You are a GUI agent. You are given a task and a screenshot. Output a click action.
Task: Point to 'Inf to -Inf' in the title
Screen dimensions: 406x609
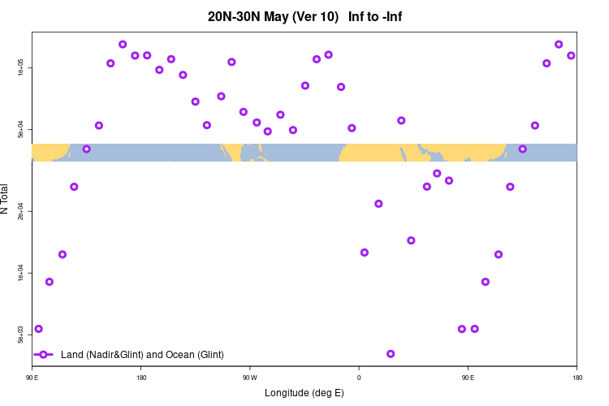coord(374,16)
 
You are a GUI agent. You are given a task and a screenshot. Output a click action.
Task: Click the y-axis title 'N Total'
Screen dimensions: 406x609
coord(6,199)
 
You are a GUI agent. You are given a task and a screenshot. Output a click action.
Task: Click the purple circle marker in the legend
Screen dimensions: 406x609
coord(45,355)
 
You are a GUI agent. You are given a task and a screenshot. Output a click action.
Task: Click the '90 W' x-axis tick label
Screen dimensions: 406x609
coord(249,378)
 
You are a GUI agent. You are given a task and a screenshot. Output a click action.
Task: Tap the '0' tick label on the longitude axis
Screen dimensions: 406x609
coord(359,378)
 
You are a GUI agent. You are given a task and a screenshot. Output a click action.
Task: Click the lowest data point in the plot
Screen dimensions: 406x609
coord(391,354)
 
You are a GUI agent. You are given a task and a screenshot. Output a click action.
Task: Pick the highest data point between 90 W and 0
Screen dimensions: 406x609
coord(328,54)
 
